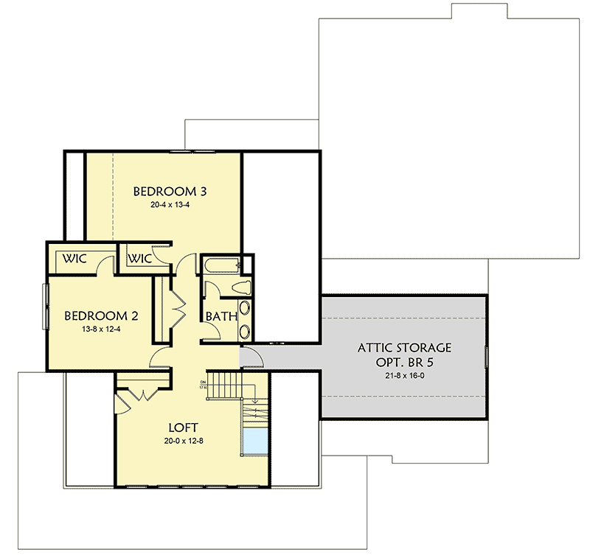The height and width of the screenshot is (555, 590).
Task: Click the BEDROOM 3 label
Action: point(169,192)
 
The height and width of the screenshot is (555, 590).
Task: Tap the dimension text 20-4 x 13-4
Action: point(169,206)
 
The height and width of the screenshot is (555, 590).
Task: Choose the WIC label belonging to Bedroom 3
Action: point(140,259)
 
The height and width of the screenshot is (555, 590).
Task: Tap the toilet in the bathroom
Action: point(240,287)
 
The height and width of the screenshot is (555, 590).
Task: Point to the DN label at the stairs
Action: point(202,383)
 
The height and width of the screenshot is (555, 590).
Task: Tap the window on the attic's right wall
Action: point(486,357)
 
